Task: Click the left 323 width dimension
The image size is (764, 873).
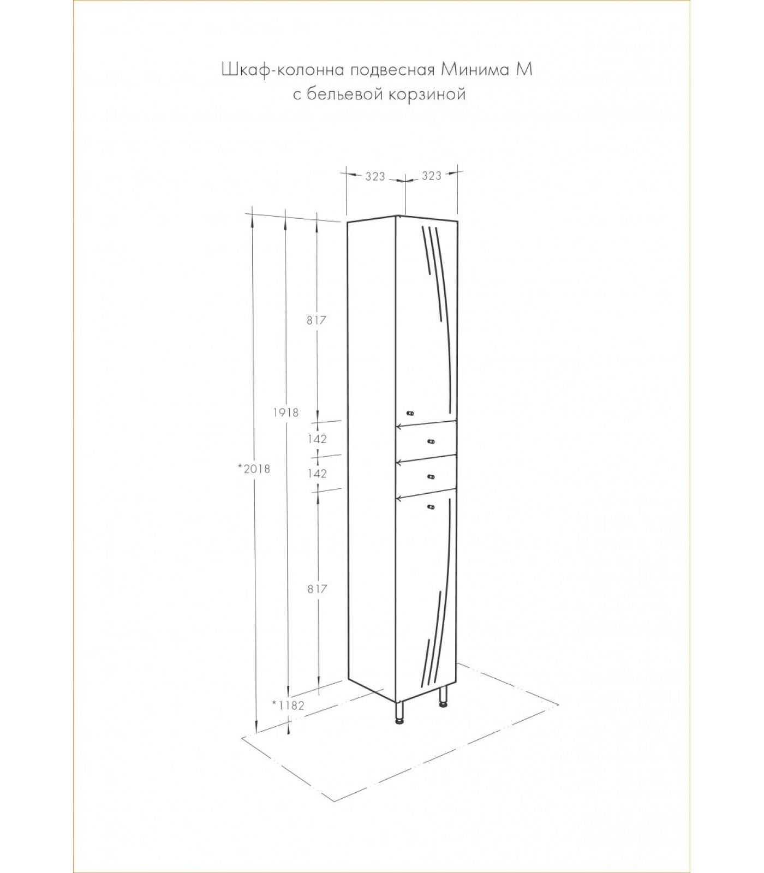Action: pos(375,176)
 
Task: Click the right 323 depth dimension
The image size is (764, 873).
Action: pos(431,176)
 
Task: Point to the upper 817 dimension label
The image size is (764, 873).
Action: pos(316,320)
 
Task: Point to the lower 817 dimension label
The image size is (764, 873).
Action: pos(317,589)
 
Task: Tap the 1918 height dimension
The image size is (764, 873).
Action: pos(286,412)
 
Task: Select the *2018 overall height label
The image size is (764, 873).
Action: pos(254,468)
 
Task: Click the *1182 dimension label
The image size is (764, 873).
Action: pos(288,705)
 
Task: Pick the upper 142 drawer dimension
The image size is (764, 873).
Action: pos(317,439)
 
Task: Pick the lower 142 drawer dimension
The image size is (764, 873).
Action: pos(317,474)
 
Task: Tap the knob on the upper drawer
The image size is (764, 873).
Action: pos(431,441)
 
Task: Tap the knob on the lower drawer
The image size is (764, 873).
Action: pos(431,477)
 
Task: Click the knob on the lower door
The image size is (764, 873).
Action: pos(431,507)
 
